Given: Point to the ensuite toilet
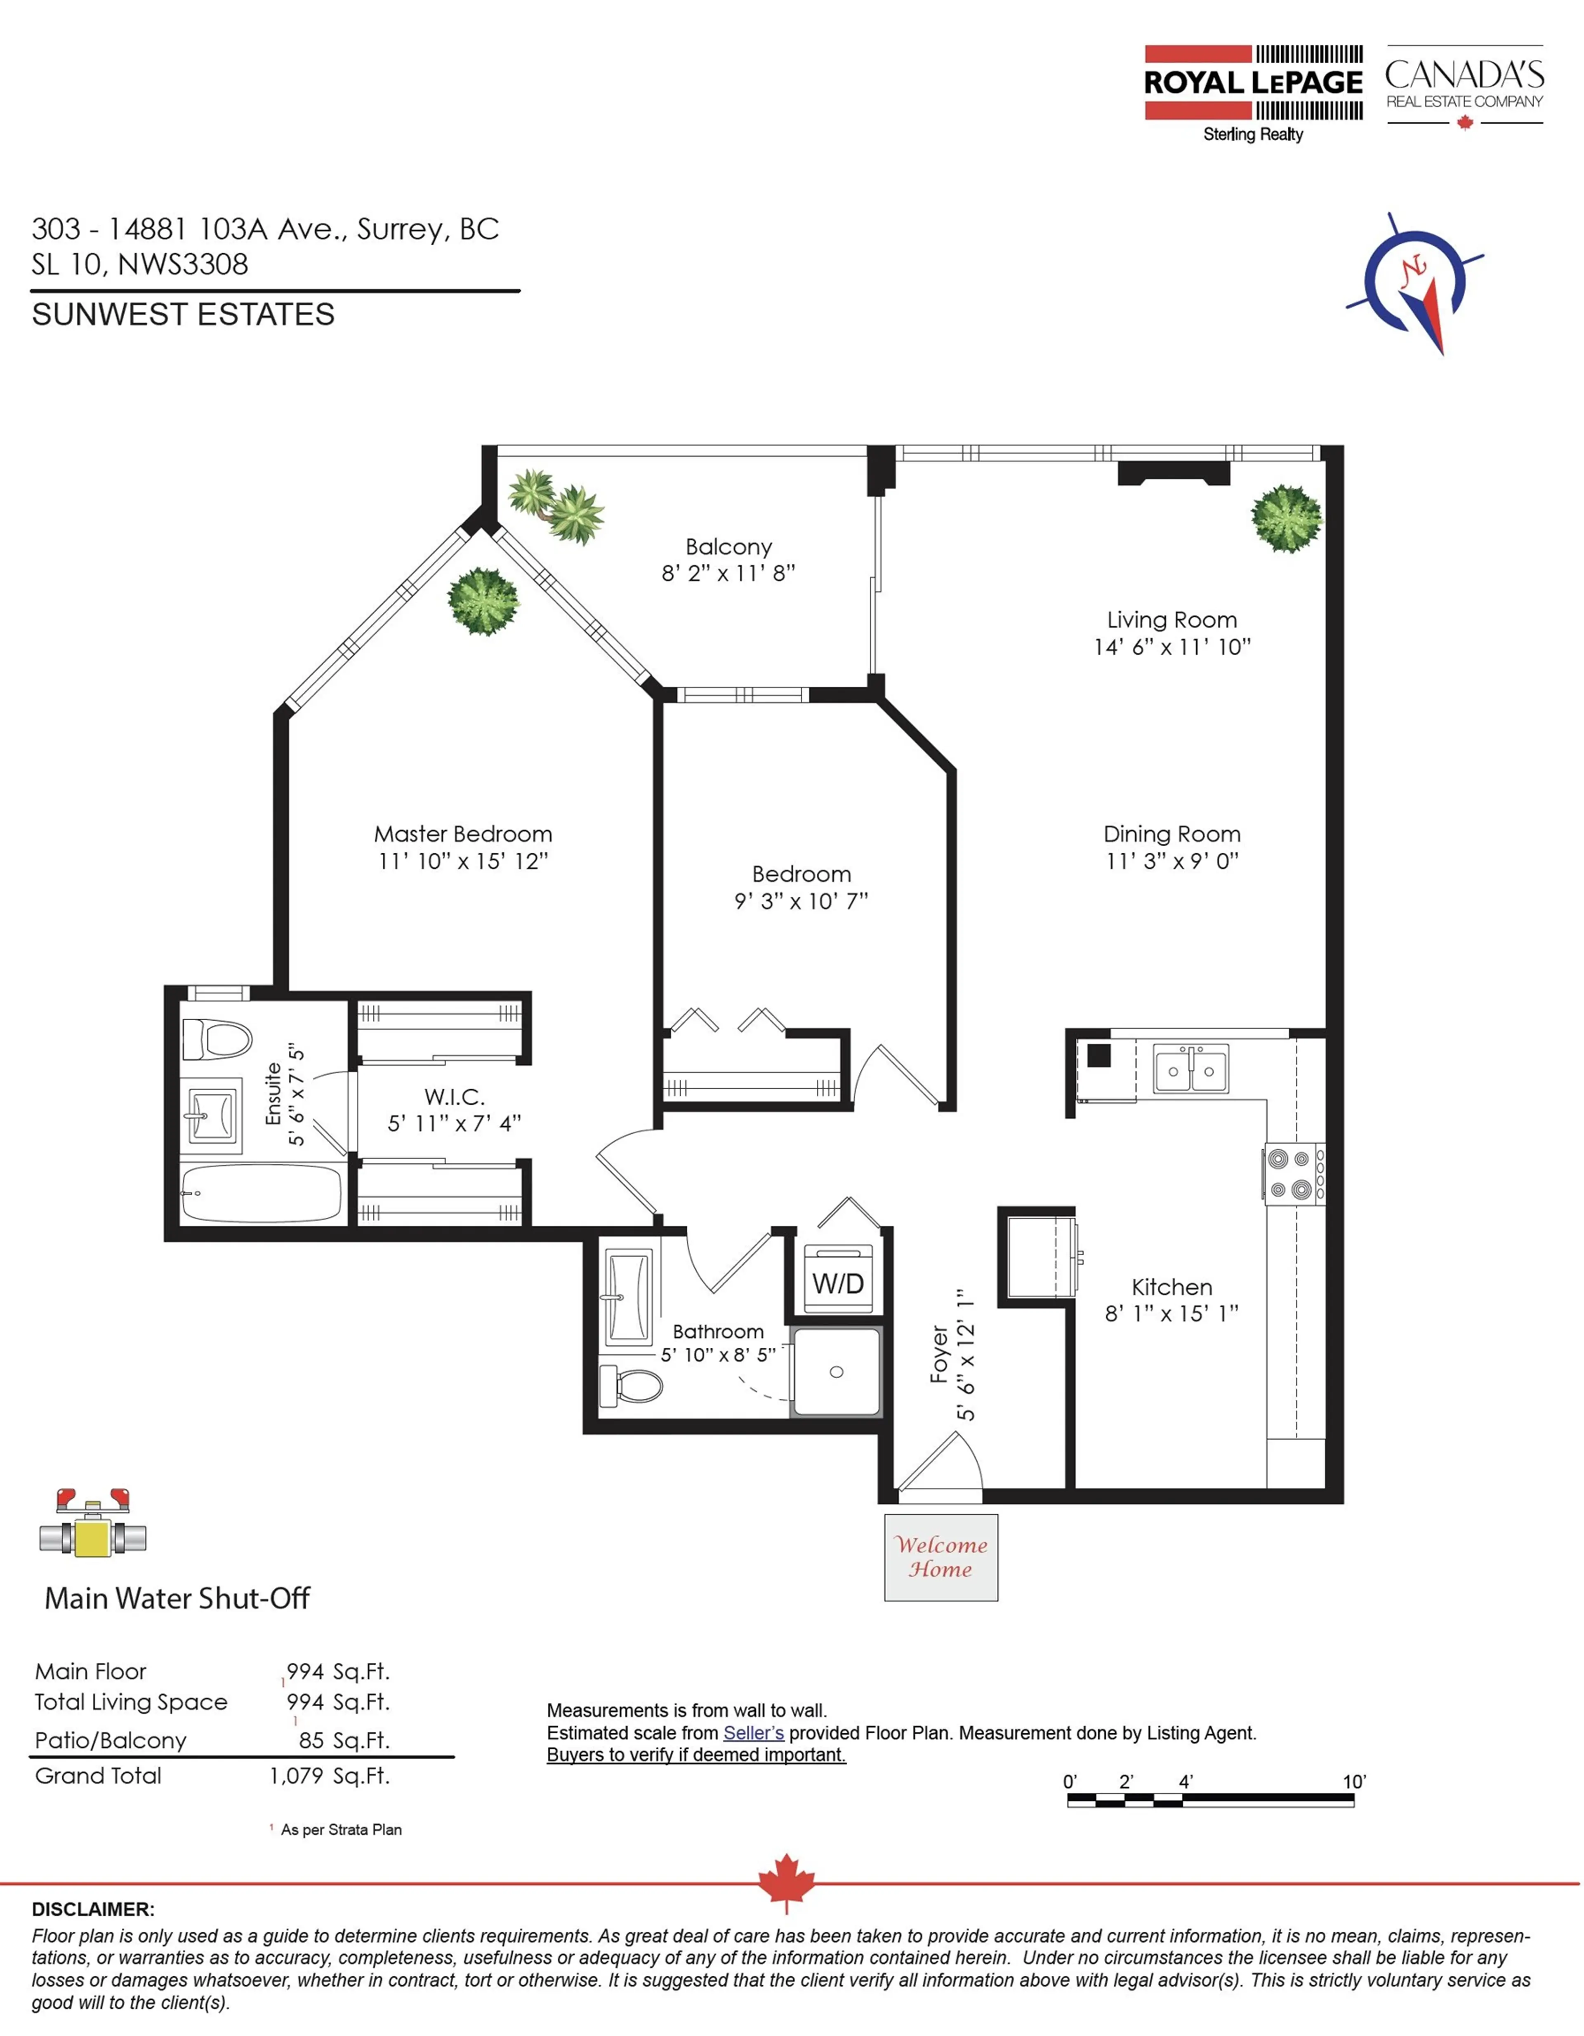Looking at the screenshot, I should tap(216, 1038).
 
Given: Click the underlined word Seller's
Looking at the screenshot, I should tap(753, 1733).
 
